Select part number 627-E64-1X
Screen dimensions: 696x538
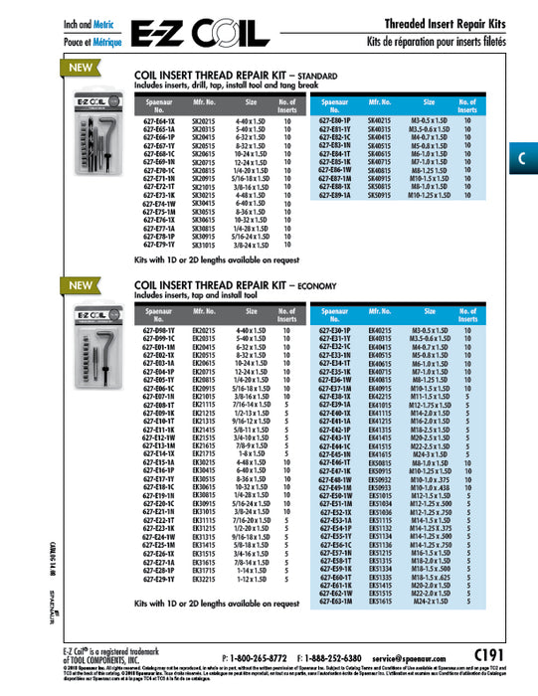click(159, 118)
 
